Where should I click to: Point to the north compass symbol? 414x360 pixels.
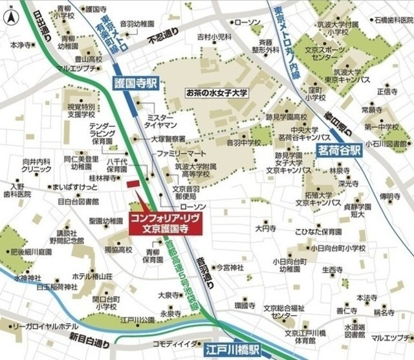[x=11, y=17]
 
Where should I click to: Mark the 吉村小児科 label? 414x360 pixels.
[x=214, y=37]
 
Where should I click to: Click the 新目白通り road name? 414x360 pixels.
[x=90, y=337]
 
